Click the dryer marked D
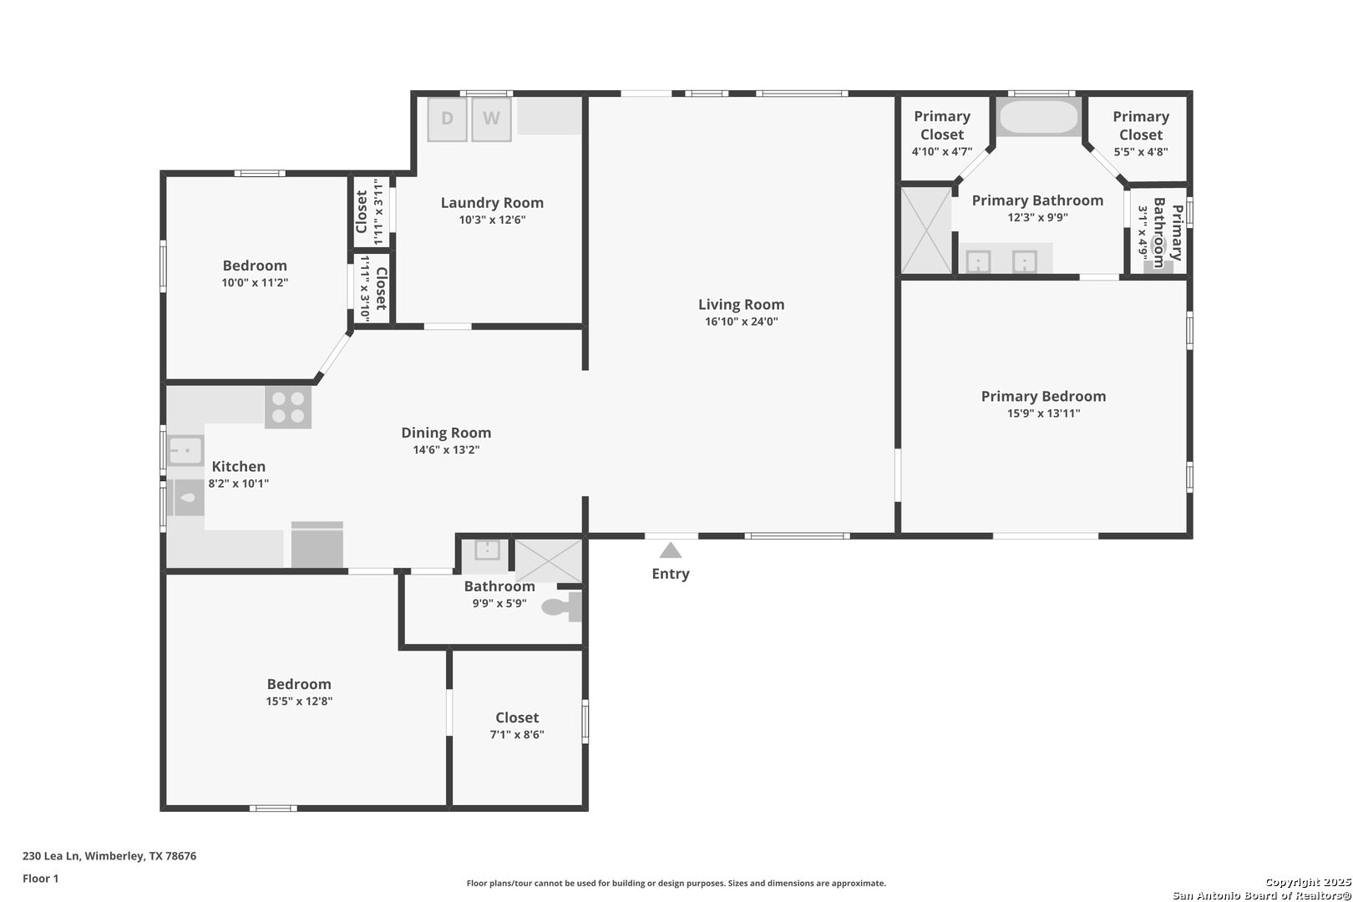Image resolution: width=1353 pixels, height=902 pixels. [447, 119]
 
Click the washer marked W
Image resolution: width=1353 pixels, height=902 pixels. [491, 119]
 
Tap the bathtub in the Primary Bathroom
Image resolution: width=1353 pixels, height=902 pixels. [1038, 117]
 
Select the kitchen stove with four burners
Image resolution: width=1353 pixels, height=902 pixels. [288, 408]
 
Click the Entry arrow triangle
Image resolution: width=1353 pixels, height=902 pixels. [671, 550]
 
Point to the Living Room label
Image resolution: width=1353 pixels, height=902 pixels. [741, 305]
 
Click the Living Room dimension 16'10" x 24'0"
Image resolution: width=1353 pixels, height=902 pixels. [741, 322]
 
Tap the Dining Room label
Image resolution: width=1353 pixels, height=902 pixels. [446, 433]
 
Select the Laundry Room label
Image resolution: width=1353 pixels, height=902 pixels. [492, 203]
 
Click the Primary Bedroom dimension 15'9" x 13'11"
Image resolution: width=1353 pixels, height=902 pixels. [1043, 413]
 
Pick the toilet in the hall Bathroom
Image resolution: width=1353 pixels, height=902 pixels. [562, 606]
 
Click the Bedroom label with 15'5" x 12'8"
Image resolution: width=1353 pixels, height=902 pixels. [299, 684]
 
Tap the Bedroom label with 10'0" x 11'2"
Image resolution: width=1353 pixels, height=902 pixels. [254, 266]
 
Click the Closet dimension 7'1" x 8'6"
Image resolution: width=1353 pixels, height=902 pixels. [517, 735]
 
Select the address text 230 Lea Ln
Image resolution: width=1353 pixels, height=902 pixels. [51, 856]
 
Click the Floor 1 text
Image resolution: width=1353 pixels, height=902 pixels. [40, 879]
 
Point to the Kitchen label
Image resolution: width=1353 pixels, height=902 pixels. [239, 466]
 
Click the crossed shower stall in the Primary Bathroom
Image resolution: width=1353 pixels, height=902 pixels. [926, 231]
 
